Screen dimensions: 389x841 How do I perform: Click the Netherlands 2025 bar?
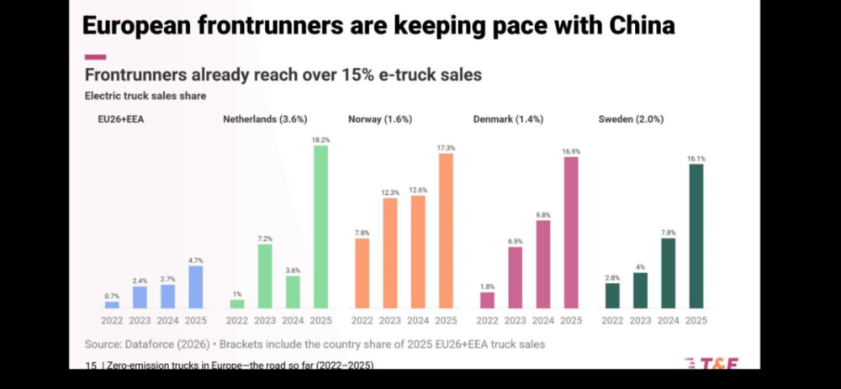[320, 227]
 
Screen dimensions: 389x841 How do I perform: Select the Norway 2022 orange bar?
[362, 273]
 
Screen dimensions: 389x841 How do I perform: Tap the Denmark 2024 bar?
[542, 265]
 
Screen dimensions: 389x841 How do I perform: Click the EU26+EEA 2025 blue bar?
[195, 286]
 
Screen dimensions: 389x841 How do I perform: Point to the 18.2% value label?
[320, 139]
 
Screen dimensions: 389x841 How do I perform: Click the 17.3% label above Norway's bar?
[446, 148]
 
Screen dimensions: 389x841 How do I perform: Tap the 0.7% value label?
[112, 296]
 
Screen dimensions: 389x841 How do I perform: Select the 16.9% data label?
[571, 151]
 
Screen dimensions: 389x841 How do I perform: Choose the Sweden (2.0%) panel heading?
[631, 119]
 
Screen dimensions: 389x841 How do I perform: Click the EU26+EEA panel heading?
[120, 119]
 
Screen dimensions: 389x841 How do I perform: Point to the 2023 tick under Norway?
[390, 320]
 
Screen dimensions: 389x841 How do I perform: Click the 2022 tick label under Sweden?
[612, 320]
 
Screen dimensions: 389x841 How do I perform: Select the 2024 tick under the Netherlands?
[293, 320]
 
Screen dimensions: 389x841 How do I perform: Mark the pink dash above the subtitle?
[95, 57]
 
